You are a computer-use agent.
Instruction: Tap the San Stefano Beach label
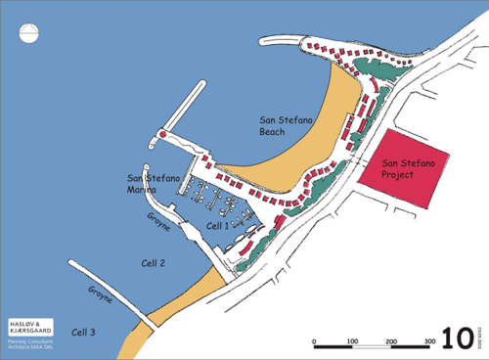click(282, 124)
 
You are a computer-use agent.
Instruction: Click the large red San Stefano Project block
click(406, 167)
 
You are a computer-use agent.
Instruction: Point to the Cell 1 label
click(217, 226)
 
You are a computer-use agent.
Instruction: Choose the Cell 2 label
click(153, 263)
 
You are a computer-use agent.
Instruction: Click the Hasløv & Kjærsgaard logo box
click(31, 327)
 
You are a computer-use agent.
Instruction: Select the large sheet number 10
click(457, 337)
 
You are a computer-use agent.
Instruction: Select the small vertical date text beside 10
click(480, 337)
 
